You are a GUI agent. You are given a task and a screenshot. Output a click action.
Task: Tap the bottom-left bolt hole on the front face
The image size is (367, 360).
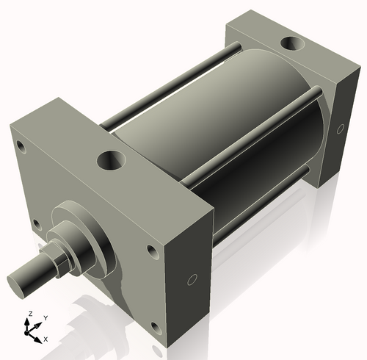(x=35, y=223)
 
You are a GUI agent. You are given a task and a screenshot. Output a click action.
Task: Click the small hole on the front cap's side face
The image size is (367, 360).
(x=192, y=280)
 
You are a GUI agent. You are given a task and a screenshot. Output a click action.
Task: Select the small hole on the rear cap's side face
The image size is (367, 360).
(x=340, y=129)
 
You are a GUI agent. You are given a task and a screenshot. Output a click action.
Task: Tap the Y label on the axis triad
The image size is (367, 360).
(x=46, y=317)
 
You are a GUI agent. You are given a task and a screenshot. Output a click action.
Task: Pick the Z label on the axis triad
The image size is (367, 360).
(x=29, y=313)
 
